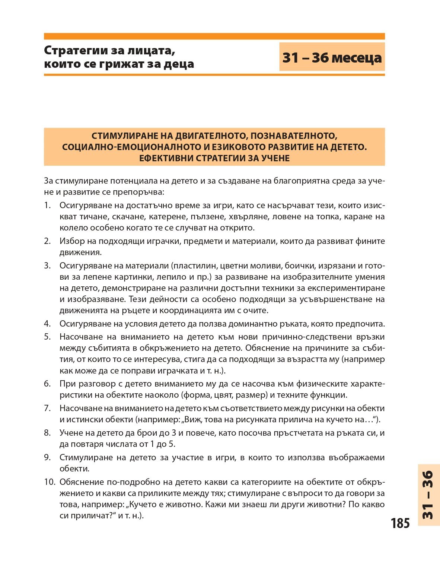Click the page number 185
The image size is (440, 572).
(400, 523)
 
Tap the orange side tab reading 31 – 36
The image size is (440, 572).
(428, 495)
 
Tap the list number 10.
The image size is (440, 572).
(50, 482)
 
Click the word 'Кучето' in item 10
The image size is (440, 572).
(143, 504)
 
